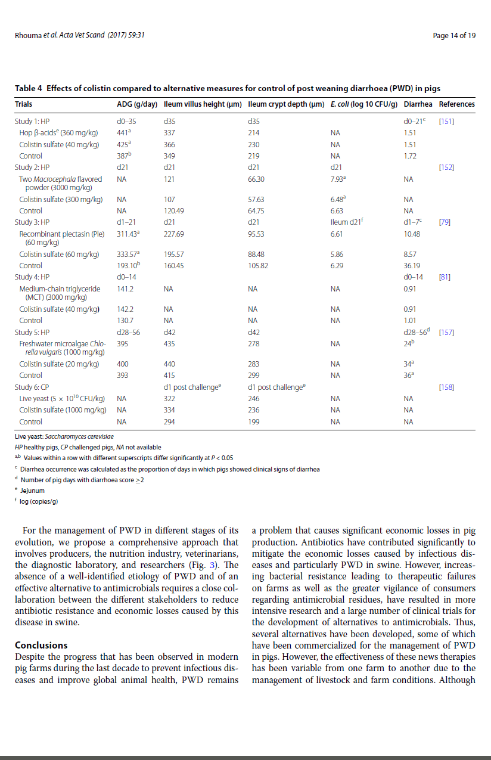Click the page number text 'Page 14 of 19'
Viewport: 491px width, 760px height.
pos(454,36)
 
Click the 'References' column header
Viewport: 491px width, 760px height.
pos(456,104)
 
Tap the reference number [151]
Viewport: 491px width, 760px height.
pos(446,121)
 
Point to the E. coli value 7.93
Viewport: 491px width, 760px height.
pos(338,179)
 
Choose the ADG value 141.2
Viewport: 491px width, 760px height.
pos(125,289)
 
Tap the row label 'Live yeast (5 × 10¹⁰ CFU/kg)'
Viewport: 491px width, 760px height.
pos(62,398)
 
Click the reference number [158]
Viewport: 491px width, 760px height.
pos(446,387)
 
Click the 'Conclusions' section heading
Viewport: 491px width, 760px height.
pos(41,645)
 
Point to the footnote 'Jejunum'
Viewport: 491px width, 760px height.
pos(32,491)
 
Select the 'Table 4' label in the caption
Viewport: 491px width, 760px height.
pos(29,89)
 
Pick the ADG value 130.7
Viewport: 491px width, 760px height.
pos(125,320)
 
